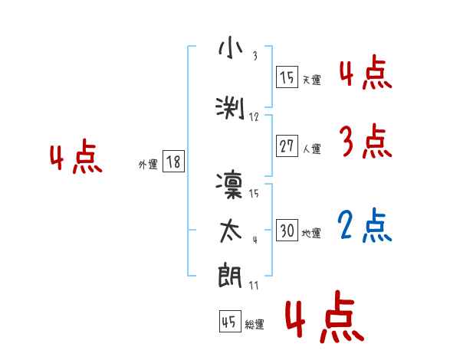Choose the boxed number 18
tap(173, 162)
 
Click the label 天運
tap(311, 79)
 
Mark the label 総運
tap(255, 324)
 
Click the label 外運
tap(147, 163)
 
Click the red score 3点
tap(365, 141)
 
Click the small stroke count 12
tap(255, 117)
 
